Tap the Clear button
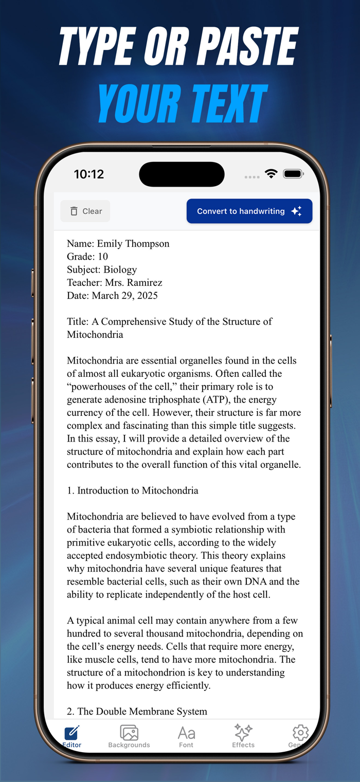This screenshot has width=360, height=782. point(85,211)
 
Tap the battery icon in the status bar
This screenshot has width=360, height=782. point(294,174)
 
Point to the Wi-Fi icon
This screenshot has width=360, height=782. point(271,174)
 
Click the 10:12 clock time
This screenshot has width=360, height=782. point(89,174)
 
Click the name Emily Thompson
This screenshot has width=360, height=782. point(133,244)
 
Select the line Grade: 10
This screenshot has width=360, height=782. point(87,257)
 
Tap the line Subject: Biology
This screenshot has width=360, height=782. point(102,269)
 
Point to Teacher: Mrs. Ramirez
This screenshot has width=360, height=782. point(115,282)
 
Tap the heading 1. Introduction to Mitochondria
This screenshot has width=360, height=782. point(133,490)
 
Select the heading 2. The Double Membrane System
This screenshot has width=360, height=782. point(137,712)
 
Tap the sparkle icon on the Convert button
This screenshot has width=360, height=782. point(296,211)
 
